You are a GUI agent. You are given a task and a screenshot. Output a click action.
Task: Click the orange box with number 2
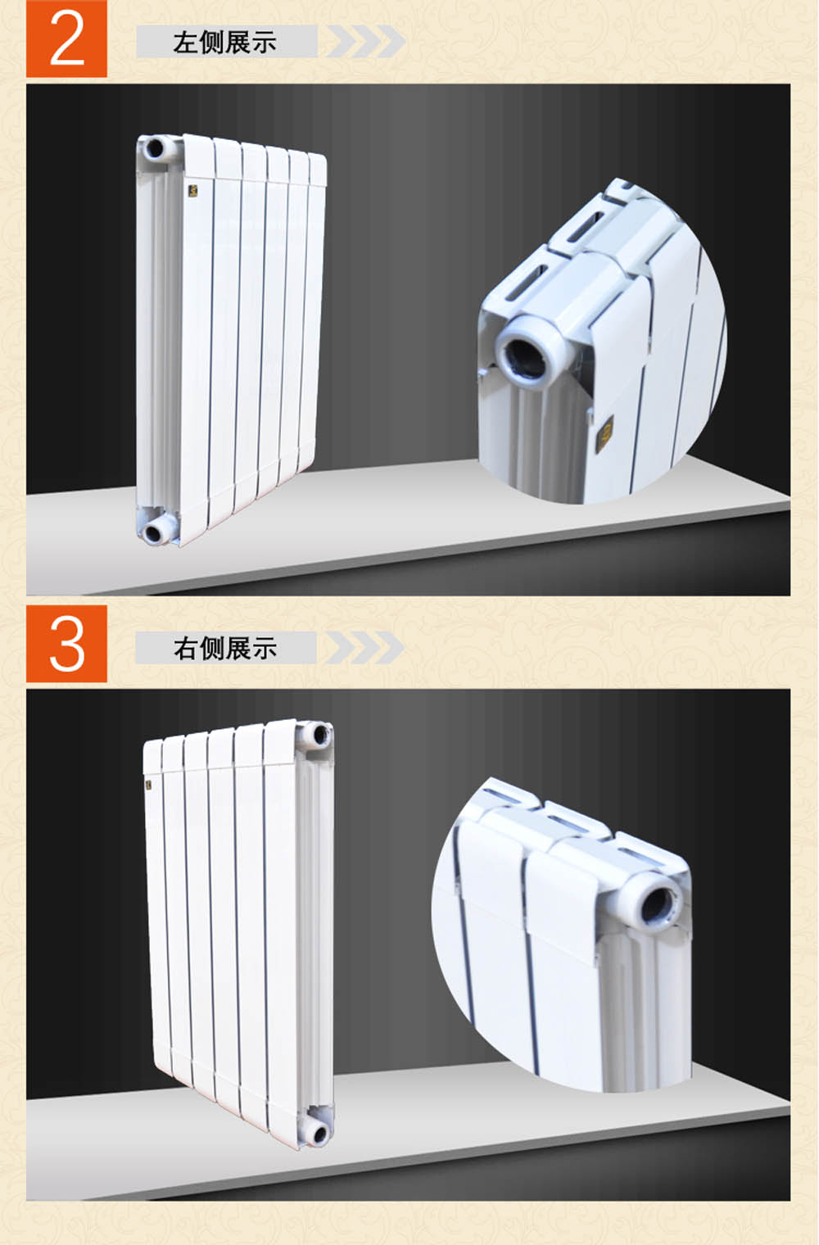[66, 39]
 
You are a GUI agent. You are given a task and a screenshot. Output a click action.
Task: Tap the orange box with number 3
[66, 644]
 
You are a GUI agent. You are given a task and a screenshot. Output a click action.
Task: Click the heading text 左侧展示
[224, 43]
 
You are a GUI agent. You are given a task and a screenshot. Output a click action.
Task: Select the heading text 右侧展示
[224, 648]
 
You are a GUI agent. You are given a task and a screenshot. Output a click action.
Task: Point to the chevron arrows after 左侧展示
[365, 41]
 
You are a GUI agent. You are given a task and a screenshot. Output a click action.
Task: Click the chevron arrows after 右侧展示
[365, 648]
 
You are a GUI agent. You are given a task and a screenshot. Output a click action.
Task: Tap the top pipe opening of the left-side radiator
[154, 148]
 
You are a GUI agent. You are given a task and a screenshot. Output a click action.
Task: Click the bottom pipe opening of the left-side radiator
[152, 533]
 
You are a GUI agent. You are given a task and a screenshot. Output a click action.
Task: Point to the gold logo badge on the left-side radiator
[193, 191]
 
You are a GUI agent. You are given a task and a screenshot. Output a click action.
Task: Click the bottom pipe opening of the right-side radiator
[319, 1134]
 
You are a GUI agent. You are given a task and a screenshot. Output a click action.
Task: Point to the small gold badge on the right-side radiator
[149, 785]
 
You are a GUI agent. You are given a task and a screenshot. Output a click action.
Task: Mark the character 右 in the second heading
[185, 648]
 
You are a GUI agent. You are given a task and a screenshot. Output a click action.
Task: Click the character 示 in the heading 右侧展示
[265, 648]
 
